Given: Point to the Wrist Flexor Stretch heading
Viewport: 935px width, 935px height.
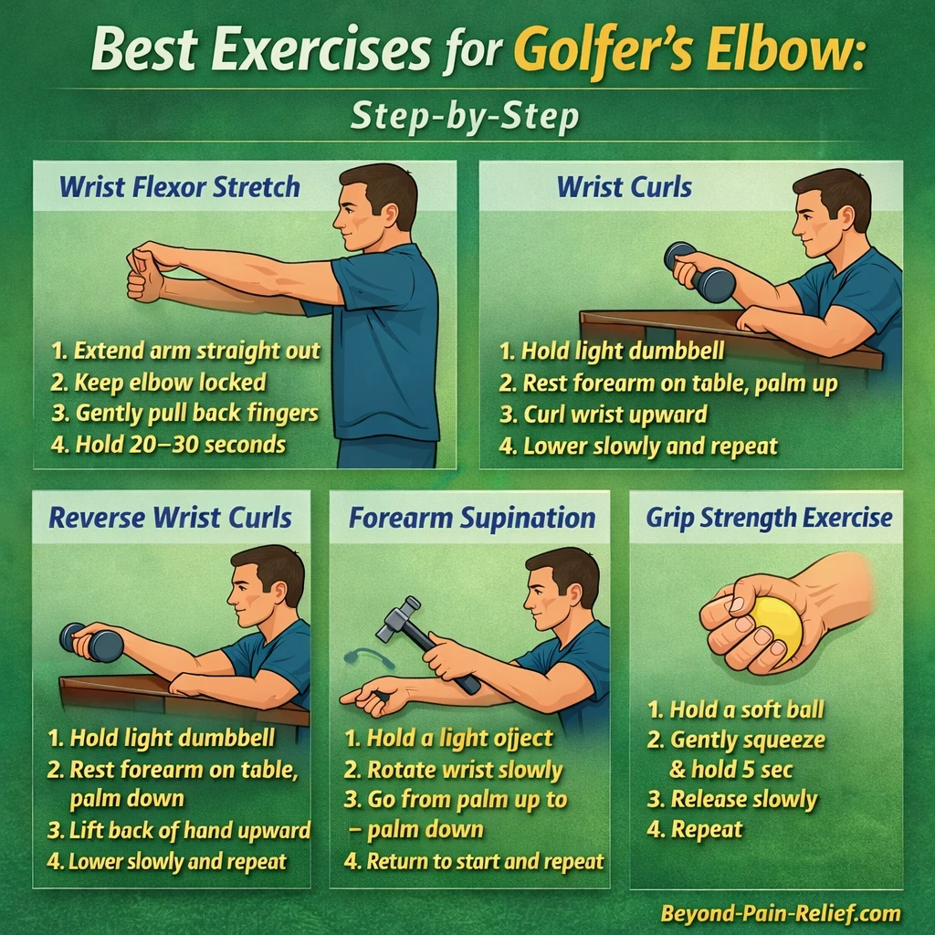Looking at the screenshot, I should coord(179,188).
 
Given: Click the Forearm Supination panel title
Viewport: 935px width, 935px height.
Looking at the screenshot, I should coord(471,519).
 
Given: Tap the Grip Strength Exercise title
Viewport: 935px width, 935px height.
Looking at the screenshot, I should coord(769,519).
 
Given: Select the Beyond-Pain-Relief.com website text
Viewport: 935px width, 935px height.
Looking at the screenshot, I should coord(781,912).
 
